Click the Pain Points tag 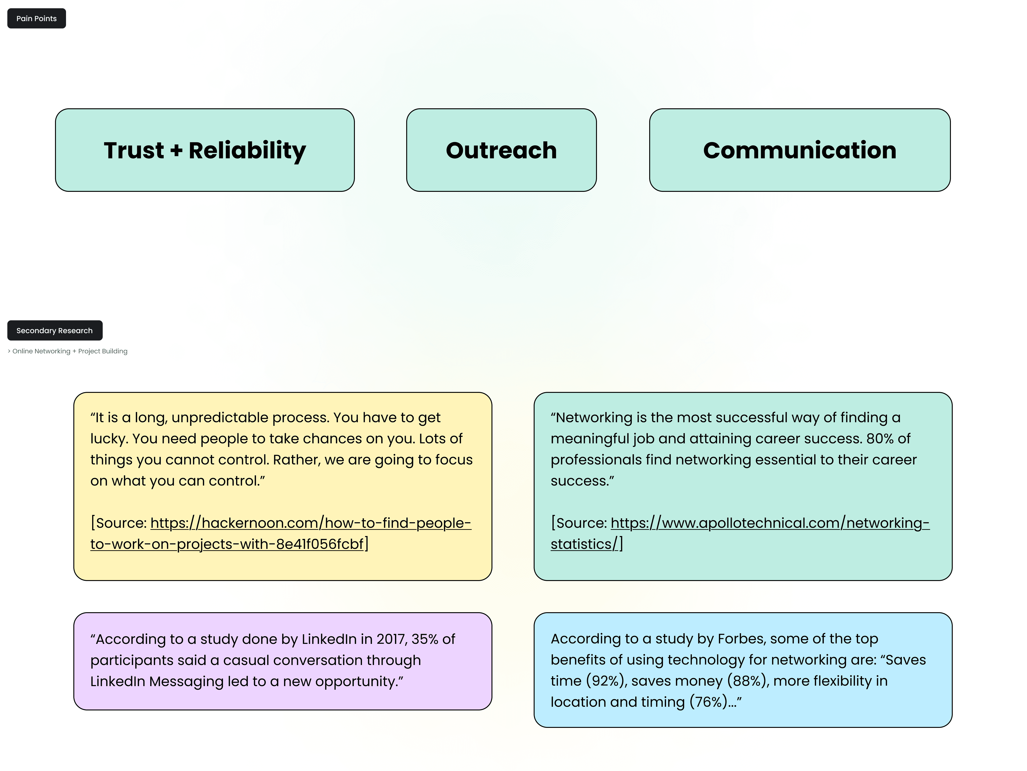coord(36,19)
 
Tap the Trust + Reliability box coord(205,150)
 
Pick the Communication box coord(800,150)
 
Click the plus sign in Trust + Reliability coord(176,151)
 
